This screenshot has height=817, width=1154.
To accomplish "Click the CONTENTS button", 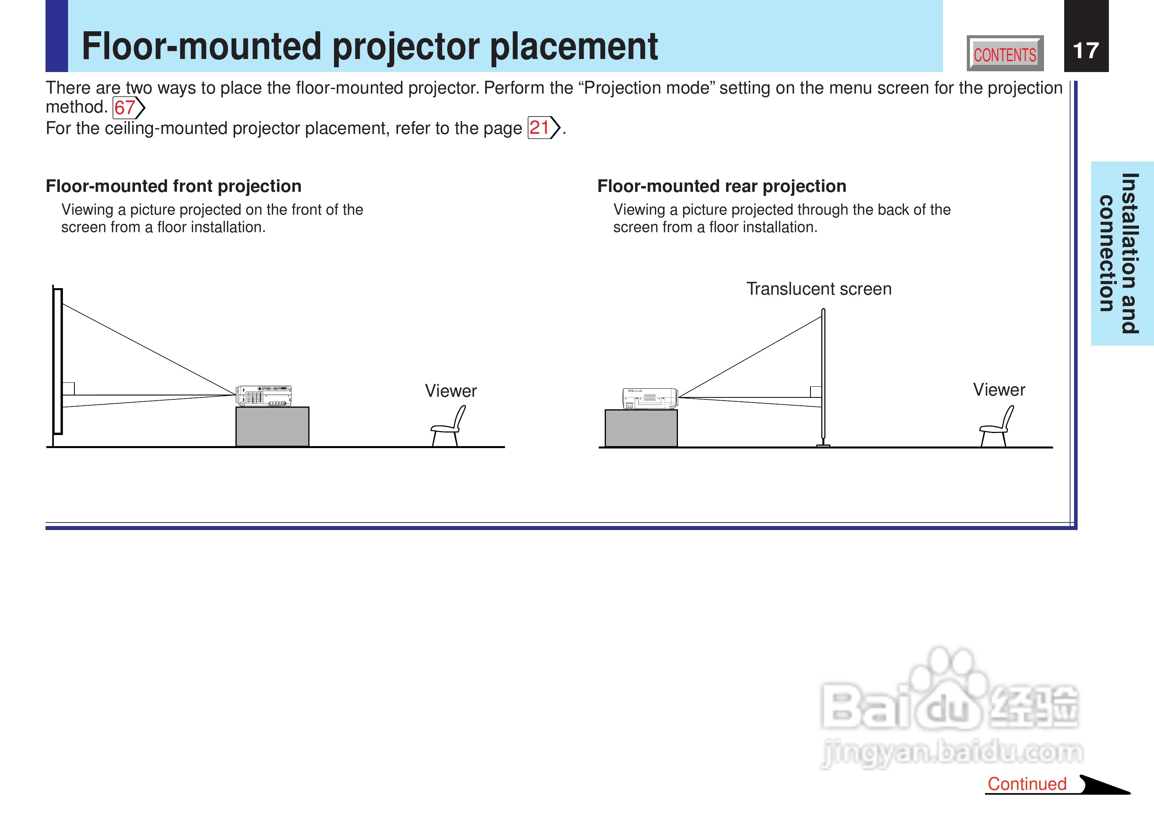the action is click(x=1005, y=53).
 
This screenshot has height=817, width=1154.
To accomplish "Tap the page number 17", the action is click(x=1086, y=51).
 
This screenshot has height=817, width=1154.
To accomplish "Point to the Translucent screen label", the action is click(x=819, y=289).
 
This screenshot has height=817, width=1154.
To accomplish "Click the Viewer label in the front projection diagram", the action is click(x=450, y=391).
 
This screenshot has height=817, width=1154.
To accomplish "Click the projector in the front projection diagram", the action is click(x=264, y=396).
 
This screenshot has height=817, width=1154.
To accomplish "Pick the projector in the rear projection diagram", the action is click(x=650, y=399).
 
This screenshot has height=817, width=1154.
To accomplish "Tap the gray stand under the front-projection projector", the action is click(x=273, y=427).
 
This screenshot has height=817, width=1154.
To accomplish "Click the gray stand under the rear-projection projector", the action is click(x=641, y=428).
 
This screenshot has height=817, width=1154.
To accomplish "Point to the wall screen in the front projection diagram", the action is click(x=58, y=361).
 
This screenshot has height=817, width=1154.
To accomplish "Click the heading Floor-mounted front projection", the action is click(x=173, y=186).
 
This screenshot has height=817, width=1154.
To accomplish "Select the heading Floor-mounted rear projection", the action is click(x=721, y=186).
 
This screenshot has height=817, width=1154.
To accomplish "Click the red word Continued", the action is click(x=1027, y=784).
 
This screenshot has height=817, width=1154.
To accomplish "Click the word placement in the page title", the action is click(x=574, y=47).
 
